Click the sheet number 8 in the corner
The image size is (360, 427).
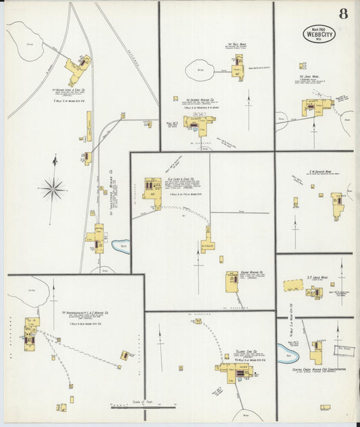click(344, 13)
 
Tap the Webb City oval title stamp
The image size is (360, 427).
click(319, 34)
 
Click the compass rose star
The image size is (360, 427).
click(53, 188)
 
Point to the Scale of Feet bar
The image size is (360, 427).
click(143, 407)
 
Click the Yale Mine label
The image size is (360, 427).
click(237, 44)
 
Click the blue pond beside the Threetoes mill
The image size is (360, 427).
click(120, 245)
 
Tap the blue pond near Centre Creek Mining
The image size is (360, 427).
click(286, 353)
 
